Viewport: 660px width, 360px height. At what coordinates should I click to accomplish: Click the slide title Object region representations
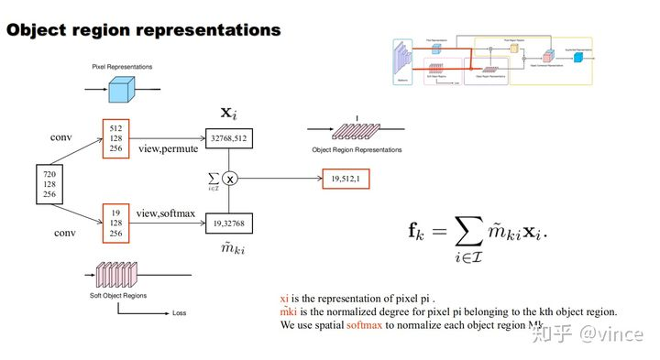coord(143,29)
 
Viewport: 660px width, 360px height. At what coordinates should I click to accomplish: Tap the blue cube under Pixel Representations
coord(122,89)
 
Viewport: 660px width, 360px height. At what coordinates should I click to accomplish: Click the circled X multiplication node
coord(230,179)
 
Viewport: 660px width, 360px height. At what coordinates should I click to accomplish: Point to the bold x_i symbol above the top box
coord(229,112)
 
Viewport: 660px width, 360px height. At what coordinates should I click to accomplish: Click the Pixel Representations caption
coord(122,67)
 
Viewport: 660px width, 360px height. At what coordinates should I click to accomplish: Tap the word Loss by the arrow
coord(179,313)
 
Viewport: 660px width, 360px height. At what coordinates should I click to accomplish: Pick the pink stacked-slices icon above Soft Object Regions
coord(118,273)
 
